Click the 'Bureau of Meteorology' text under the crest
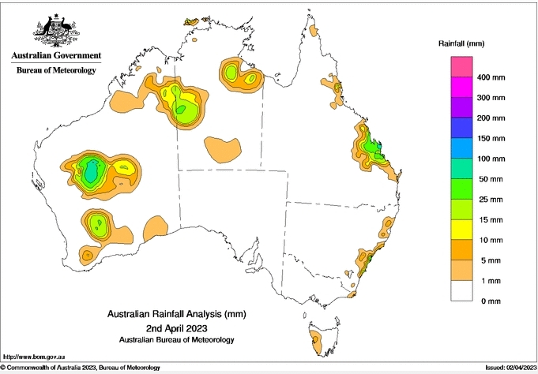[x=56, y=70]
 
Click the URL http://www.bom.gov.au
[x=31, y=357]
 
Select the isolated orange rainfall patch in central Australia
[x=222, y=147]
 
